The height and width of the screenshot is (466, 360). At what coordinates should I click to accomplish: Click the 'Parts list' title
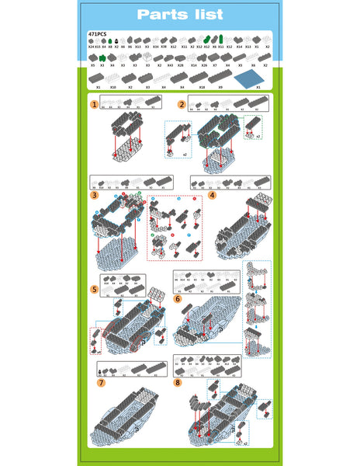(179, 15)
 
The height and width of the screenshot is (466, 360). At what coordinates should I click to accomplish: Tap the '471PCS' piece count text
(97, 35)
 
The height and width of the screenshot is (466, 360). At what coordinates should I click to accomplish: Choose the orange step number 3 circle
(94, 195)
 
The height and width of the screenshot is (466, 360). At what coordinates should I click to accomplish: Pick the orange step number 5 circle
(94, 289)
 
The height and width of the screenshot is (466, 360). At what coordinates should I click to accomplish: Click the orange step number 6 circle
(178, 297)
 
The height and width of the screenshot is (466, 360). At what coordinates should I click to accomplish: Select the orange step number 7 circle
(101, 383)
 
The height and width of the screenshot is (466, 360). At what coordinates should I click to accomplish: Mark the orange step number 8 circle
(178, 382)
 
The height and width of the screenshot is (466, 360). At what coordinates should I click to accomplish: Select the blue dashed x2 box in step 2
(178, 140)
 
